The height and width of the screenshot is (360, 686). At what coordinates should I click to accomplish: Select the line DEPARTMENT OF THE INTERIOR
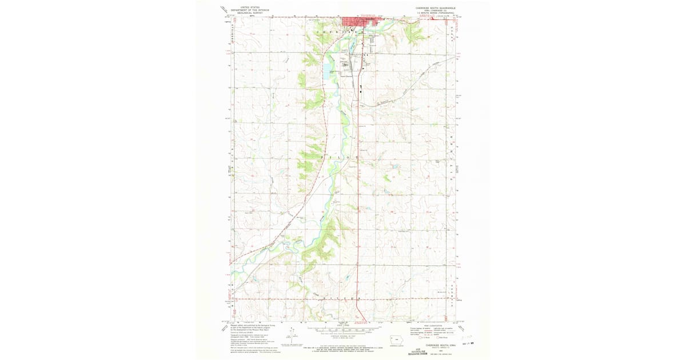click(249, 10)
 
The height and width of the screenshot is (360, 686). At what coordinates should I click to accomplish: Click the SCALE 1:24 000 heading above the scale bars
click(342, 327)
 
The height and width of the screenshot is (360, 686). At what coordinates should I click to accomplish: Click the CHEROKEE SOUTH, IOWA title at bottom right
click(429, 345)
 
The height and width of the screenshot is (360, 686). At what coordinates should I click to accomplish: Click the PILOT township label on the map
click(342, 156)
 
